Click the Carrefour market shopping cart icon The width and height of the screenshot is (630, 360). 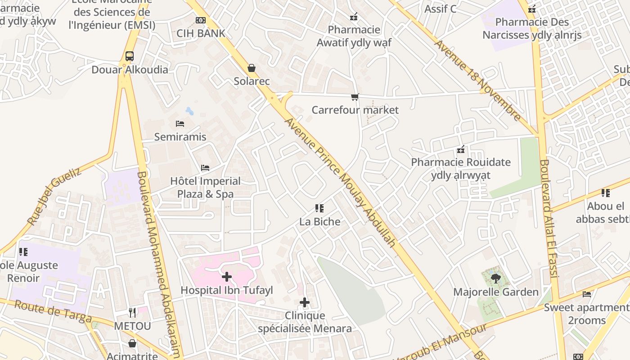tap(355, 97)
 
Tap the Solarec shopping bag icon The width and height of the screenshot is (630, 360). tap(252, 68)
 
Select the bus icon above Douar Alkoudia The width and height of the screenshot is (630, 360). tap(130, 56)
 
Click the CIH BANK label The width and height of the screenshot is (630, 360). tap(201, 33)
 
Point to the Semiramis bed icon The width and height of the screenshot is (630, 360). tap(180, 124)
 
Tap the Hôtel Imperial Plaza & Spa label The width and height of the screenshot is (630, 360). tap(205, 188)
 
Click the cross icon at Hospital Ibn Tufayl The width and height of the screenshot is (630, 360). tap(227, 276)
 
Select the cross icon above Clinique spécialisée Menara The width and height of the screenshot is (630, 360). tap(305, 302)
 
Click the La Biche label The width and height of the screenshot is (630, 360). tap(320, 221)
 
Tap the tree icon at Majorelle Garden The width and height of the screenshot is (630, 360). tap(496, 279)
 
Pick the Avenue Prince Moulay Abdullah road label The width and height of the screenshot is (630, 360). tap(340, 182)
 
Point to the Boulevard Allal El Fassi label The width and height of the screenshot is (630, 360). tap(549, 218)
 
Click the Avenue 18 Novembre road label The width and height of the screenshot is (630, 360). tap(477, 81)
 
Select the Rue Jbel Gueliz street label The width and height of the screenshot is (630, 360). tap(54, 196)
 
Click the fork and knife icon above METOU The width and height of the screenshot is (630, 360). tap(132, 312)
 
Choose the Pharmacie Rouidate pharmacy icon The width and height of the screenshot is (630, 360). tap(461, 149)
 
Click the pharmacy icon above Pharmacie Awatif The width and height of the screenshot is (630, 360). tap(354, 17)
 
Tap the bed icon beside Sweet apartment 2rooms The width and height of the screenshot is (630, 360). tap(587, 294)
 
